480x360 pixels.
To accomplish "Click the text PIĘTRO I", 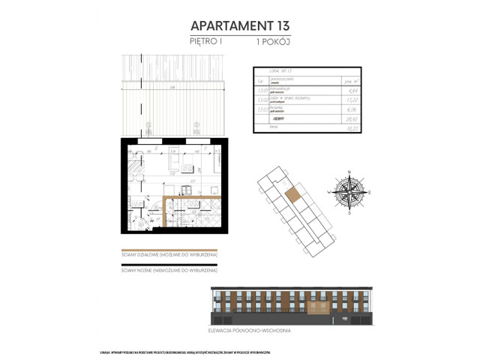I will click(206, 44).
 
